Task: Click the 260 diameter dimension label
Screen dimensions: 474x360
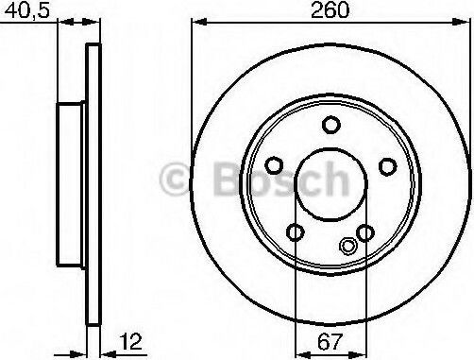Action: pos(330,10)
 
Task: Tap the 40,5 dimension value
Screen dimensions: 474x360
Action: pos(27,10)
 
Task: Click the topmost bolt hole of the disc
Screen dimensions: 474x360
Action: pos(331,125)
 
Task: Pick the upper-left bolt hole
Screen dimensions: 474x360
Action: pos(274,165)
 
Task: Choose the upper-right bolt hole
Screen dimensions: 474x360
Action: pos(387,166)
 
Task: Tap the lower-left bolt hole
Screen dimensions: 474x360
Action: pos(296,232)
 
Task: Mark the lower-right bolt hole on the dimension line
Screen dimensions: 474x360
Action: pos(365,233)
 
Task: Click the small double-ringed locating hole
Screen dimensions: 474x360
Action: pos(348,246)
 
